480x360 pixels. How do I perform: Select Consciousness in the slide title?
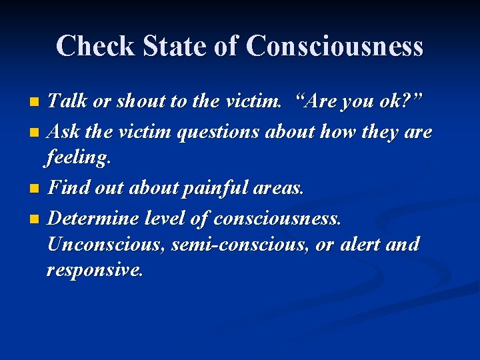point(334,47)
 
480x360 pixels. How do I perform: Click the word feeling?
point(79,159)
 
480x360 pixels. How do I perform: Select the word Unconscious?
point(106,245)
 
